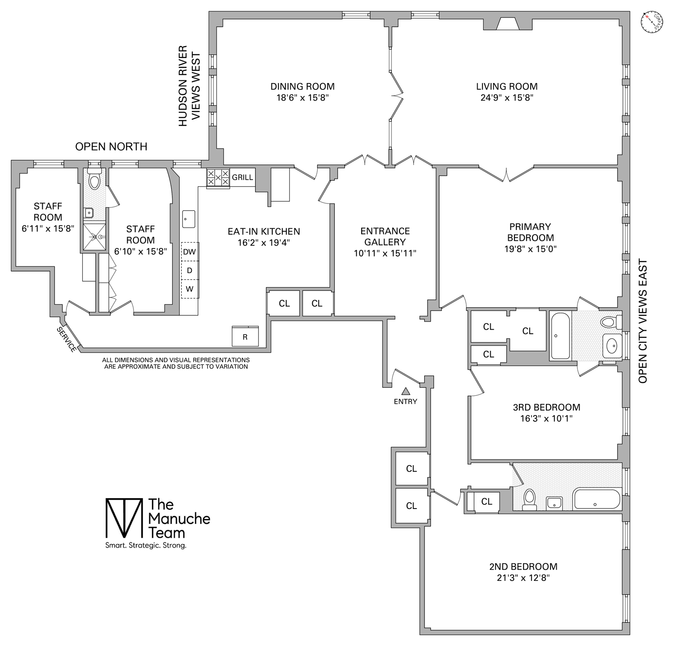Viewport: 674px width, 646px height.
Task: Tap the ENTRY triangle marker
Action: (406, 391)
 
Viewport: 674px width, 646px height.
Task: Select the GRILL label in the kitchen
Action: (243, 177)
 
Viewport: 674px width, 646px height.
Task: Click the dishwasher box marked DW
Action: (190, 252)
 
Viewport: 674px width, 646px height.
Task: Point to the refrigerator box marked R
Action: (245, 336)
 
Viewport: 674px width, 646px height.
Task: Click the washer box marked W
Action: (190, 289)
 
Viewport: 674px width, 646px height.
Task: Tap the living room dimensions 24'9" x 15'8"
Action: (506, 97)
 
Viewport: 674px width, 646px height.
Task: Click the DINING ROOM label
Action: (302, 86)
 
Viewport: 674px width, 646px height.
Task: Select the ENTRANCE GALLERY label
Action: (385, 236)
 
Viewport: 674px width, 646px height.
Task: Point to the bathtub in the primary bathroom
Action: (560, 336)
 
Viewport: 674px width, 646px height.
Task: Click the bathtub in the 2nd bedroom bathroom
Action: (596, 499)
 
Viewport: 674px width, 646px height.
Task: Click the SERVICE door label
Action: (67, 339)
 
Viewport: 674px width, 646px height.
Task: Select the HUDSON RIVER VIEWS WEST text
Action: (189, 86)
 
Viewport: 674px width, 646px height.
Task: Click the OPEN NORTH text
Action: (111, 146)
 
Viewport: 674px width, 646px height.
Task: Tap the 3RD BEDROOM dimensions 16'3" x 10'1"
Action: (546, 419)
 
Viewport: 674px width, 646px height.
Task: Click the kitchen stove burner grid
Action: (218, 178)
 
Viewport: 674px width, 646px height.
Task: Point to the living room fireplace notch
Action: (507, 24)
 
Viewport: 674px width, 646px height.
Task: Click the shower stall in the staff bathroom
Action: (94, 236)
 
